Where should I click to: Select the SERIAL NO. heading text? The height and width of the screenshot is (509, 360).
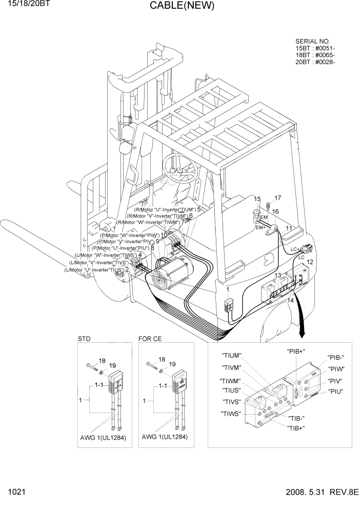(313, 42)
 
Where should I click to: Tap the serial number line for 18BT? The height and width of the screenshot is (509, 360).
(315, 55)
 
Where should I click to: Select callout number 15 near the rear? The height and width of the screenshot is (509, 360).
(257, 199)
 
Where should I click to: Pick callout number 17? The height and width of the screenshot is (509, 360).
(277, 198)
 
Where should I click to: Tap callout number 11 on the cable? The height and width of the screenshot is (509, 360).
(289, 228)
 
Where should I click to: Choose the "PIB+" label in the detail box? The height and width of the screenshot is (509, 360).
(296, 351)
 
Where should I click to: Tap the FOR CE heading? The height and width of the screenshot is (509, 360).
(150, 339)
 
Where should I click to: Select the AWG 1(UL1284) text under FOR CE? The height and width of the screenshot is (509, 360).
(165, 437)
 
